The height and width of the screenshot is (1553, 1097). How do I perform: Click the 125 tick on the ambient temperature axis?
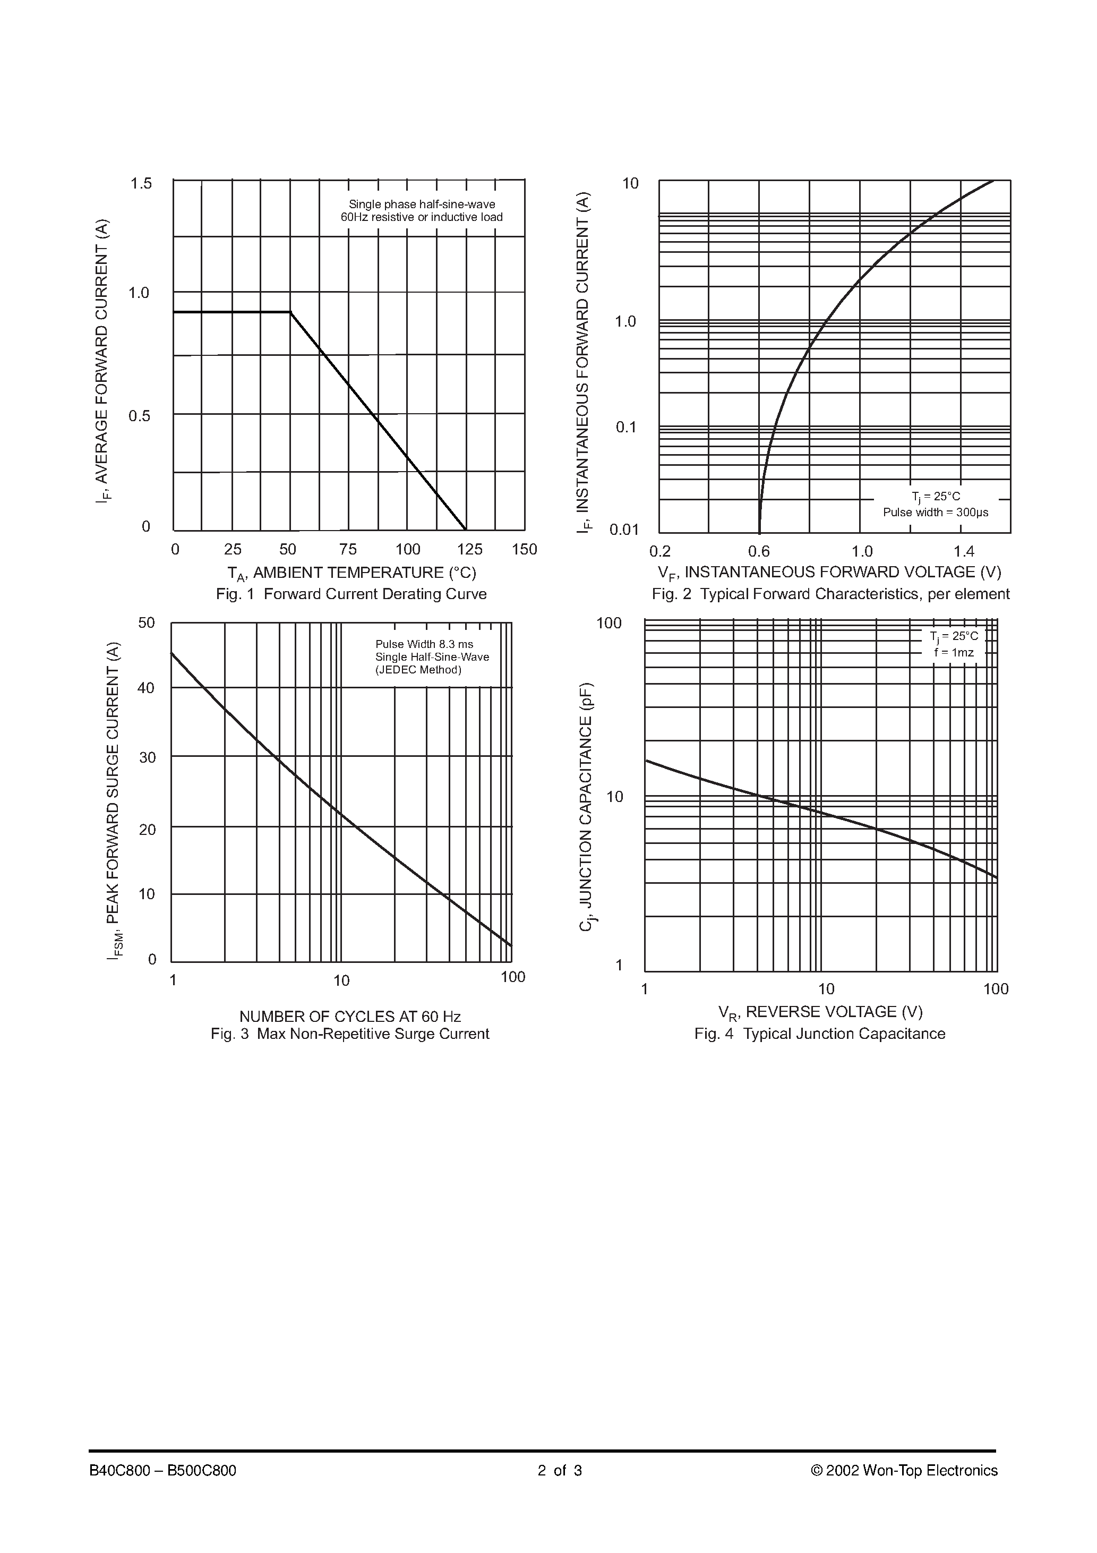pyautogui.click(x=469, y=549)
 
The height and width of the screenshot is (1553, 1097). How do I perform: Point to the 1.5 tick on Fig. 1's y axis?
pyautogui.click(x=141, y=183)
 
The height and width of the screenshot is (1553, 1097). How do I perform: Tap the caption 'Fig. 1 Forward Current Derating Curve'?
pyautogui.click(x=351, y=594)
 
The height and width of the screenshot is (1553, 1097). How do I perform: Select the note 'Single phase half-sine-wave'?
pyautogui.click(x=422, y=204)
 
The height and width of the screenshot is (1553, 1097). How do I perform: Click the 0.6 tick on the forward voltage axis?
pyautogui.click(x=759, y=551)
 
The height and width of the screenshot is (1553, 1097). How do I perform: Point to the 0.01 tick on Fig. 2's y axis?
pyautogui.click(x=623, y=530)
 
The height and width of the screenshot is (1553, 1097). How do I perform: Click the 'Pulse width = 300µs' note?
pyautogui.click(x=936, y=512)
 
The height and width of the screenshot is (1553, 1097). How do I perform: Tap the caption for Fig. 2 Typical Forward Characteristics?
pyautogui.click(x=830, y=594)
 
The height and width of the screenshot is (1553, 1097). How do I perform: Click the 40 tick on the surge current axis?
pyautogui.click(x=147, y=688)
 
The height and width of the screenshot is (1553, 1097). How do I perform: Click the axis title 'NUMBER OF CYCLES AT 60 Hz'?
pyautogui.click(x=350, y=1017)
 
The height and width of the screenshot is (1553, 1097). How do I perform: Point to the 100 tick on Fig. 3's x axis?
pyautogui.click(x=512, y=977)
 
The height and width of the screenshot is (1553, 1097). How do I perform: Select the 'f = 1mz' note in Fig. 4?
pyautogui.click(x=954, y=653)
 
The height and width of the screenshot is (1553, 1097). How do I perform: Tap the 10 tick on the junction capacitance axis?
pyautogui.click(x=615, y=797)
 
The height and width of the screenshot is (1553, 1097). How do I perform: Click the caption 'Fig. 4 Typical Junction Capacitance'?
pyautogui.click(x=820, y=1034)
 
